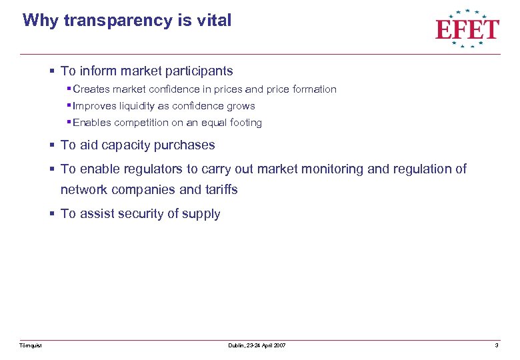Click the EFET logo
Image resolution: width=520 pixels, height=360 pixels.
click(467, 28)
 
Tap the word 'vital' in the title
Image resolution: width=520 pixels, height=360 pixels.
click(215, 20)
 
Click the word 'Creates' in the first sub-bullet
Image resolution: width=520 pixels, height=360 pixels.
click(92, 89)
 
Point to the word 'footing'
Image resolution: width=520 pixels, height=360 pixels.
click(245, 123)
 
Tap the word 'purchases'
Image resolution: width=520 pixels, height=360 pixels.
click(186, 145)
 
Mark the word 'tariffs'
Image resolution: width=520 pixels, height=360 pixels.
click(218, 189)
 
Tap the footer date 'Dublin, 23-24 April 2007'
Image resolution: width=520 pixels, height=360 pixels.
click(257, 345)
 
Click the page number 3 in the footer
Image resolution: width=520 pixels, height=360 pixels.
click(497, 345)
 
